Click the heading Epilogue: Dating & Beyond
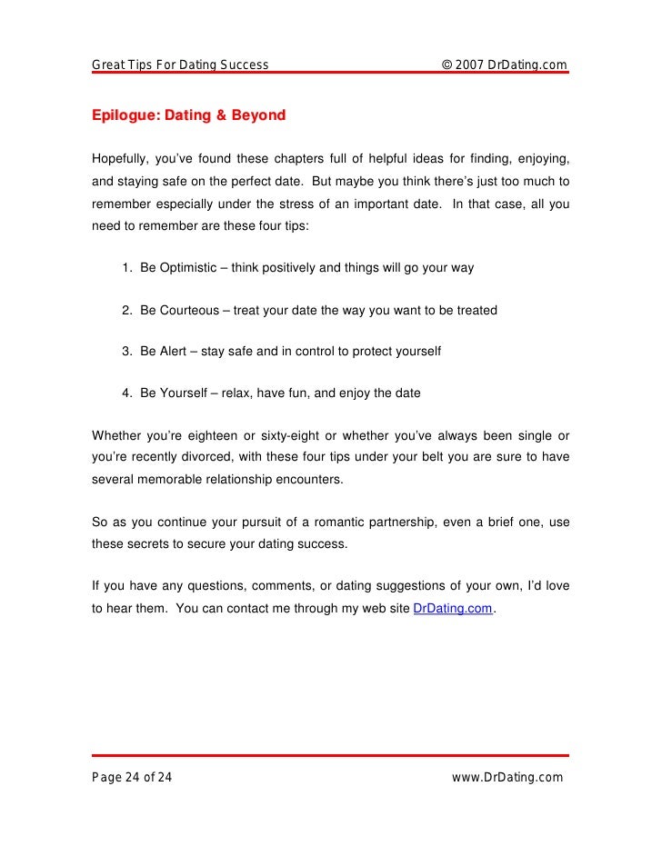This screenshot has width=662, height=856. pyautogui.click(x=188, y=115)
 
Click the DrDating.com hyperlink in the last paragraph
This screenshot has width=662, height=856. pyautogui.click(x=454, y=610)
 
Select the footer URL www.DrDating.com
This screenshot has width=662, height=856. pyautogui.click(x=507, y=777)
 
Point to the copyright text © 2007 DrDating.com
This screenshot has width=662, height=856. pyautogui.click(x=504, y=65)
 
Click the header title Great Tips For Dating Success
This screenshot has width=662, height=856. pyautogui.click(x=180, y=65)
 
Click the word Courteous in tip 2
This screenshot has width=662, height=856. pyautogui.click(x=189, y=310)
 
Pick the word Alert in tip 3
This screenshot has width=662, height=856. pyautogui.click(x=174, y=352)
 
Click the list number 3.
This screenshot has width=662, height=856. pyautogui.click(x=125, y=352)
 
